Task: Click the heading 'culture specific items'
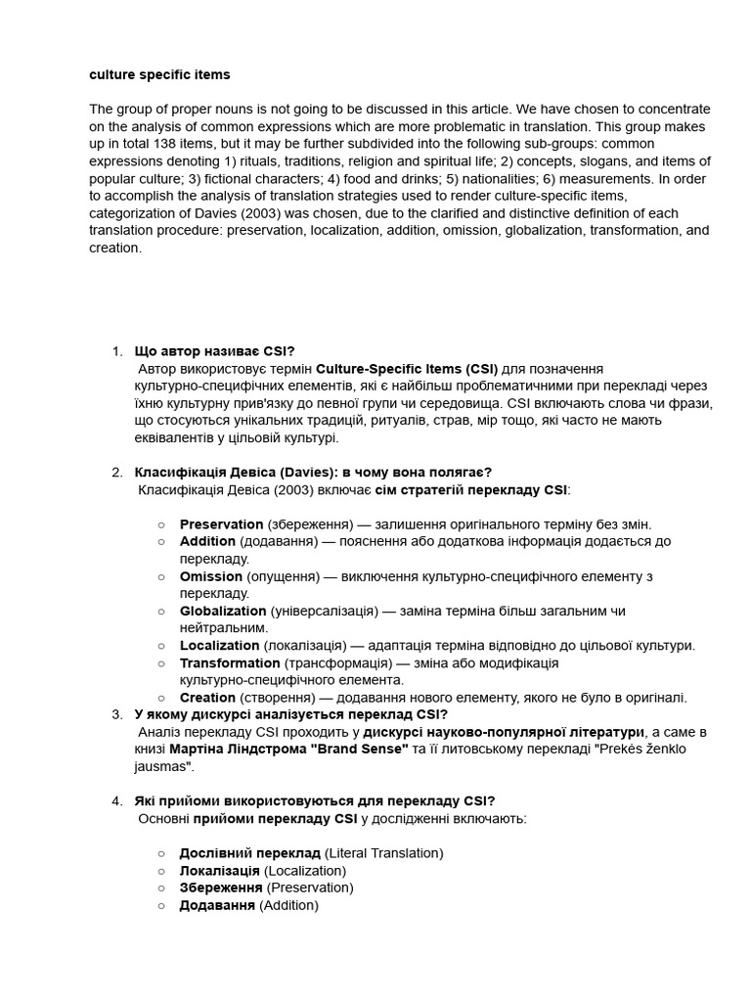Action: point(159,74)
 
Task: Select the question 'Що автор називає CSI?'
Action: point(214,351)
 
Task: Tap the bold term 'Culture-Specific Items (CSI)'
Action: point(407,369)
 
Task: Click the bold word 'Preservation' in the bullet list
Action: point(221,524)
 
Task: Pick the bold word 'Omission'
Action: point(210,576)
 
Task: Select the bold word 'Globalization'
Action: point(223,611)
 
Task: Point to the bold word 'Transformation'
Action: point(230,662)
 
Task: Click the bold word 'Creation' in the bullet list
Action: point(207,698)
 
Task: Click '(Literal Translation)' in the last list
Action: point(383,853)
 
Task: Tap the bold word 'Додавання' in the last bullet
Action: point(217,905)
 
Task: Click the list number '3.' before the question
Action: point(117,714)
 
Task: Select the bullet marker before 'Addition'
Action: point(161,542)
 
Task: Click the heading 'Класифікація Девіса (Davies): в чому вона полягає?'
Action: point(313,472)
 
